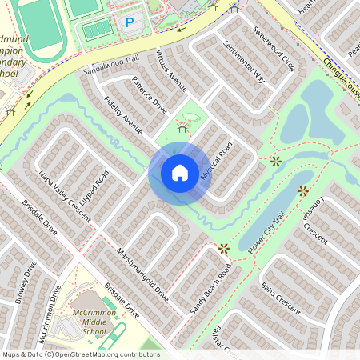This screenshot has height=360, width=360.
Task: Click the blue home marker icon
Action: (180, 172)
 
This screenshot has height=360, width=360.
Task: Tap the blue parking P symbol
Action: (130, 23)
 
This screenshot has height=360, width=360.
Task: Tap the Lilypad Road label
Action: (94, 186)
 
